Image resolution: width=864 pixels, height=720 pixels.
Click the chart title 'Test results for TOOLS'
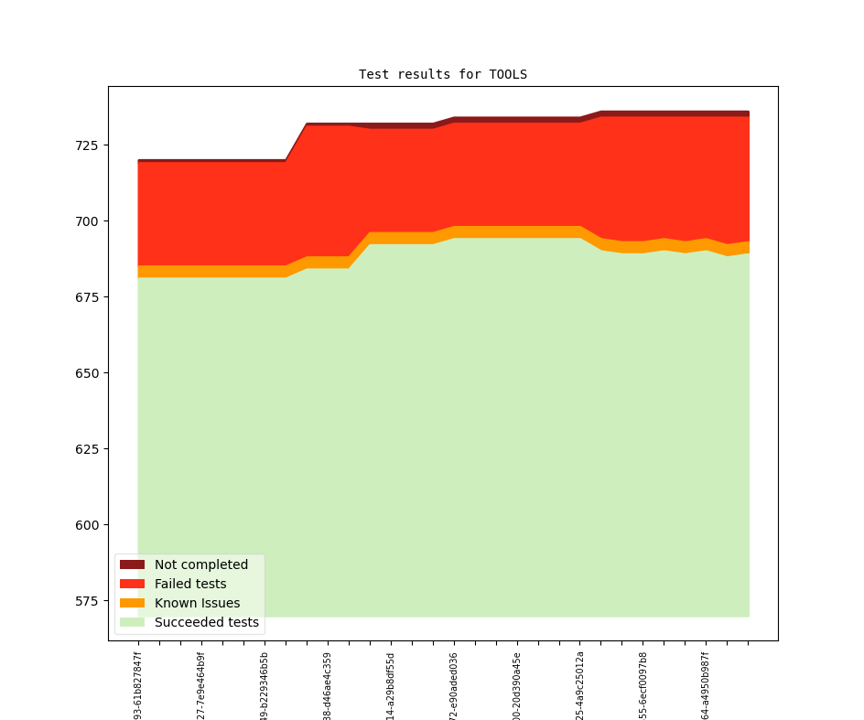coord(442,74)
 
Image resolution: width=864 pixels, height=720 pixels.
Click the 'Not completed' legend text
coord(201,564)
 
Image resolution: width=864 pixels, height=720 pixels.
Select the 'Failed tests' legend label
coord(190,584)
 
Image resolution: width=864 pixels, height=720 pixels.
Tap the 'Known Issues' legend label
coord(197,603)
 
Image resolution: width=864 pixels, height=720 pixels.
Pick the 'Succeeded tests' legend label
coord(207,622)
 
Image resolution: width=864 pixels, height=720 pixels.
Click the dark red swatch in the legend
coord(132,564)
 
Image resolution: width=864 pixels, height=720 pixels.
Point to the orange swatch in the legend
coord(132,603)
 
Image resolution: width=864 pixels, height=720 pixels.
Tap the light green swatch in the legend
coord(132,622)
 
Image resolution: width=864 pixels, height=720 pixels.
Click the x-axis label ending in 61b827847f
coord(138,685)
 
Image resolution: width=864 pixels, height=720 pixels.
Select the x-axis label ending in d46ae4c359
coord(328,685)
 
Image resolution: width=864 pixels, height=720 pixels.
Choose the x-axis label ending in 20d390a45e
coord(517,685)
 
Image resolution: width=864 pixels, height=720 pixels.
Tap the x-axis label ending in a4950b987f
coord(706,685)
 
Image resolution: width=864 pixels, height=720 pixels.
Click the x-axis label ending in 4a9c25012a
coord(580,685)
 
